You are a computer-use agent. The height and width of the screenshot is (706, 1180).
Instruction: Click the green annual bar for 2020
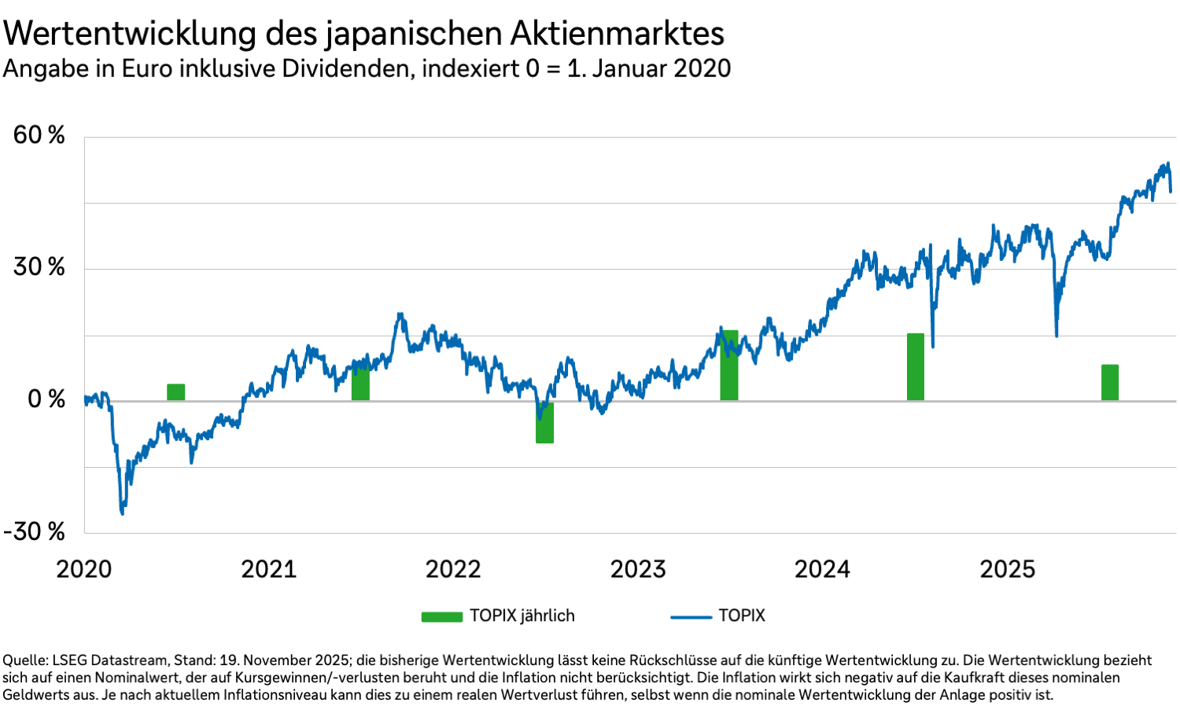pos(175,392)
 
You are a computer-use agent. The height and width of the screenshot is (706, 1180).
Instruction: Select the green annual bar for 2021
pos(360,383)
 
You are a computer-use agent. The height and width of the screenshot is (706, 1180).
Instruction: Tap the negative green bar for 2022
pos(544,422)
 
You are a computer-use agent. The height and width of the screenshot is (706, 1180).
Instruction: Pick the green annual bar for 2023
pos(729,366)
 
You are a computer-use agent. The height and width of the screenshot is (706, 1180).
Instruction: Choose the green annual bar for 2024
pos(915,367)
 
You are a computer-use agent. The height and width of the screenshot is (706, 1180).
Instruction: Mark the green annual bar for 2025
pos(1109,383)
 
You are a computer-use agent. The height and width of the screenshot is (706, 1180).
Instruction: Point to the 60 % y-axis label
pos(39,135)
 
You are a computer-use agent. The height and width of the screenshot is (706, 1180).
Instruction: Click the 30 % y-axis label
pos(39,267)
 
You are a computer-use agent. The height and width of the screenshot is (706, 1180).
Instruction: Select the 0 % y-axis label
pos(46,399)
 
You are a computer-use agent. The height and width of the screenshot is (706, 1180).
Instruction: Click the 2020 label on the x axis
pos(84,569)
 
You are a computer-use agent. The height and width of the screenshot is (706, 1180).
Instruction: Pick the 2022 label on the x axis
pos(453,569)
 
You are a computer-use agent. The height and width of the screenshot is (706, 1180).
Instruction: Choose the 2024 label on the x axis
pos(822,569)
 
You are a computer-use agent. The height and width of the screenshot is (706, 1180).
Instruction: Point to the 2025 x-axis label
pos(1007,569)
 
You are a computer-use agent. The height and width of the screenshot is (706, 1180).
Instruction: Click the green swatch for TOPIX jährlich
pos(441,617)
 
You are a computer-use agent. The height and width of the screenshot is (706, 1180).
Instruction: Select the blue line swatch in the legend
pos(691,617)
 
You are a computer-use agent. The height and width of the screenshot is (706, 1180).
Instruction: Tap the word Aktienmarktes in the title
pos(617,34)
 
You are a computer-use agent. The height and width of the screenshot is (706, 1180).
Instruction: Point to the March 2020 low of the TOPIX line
pos(122,513)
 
